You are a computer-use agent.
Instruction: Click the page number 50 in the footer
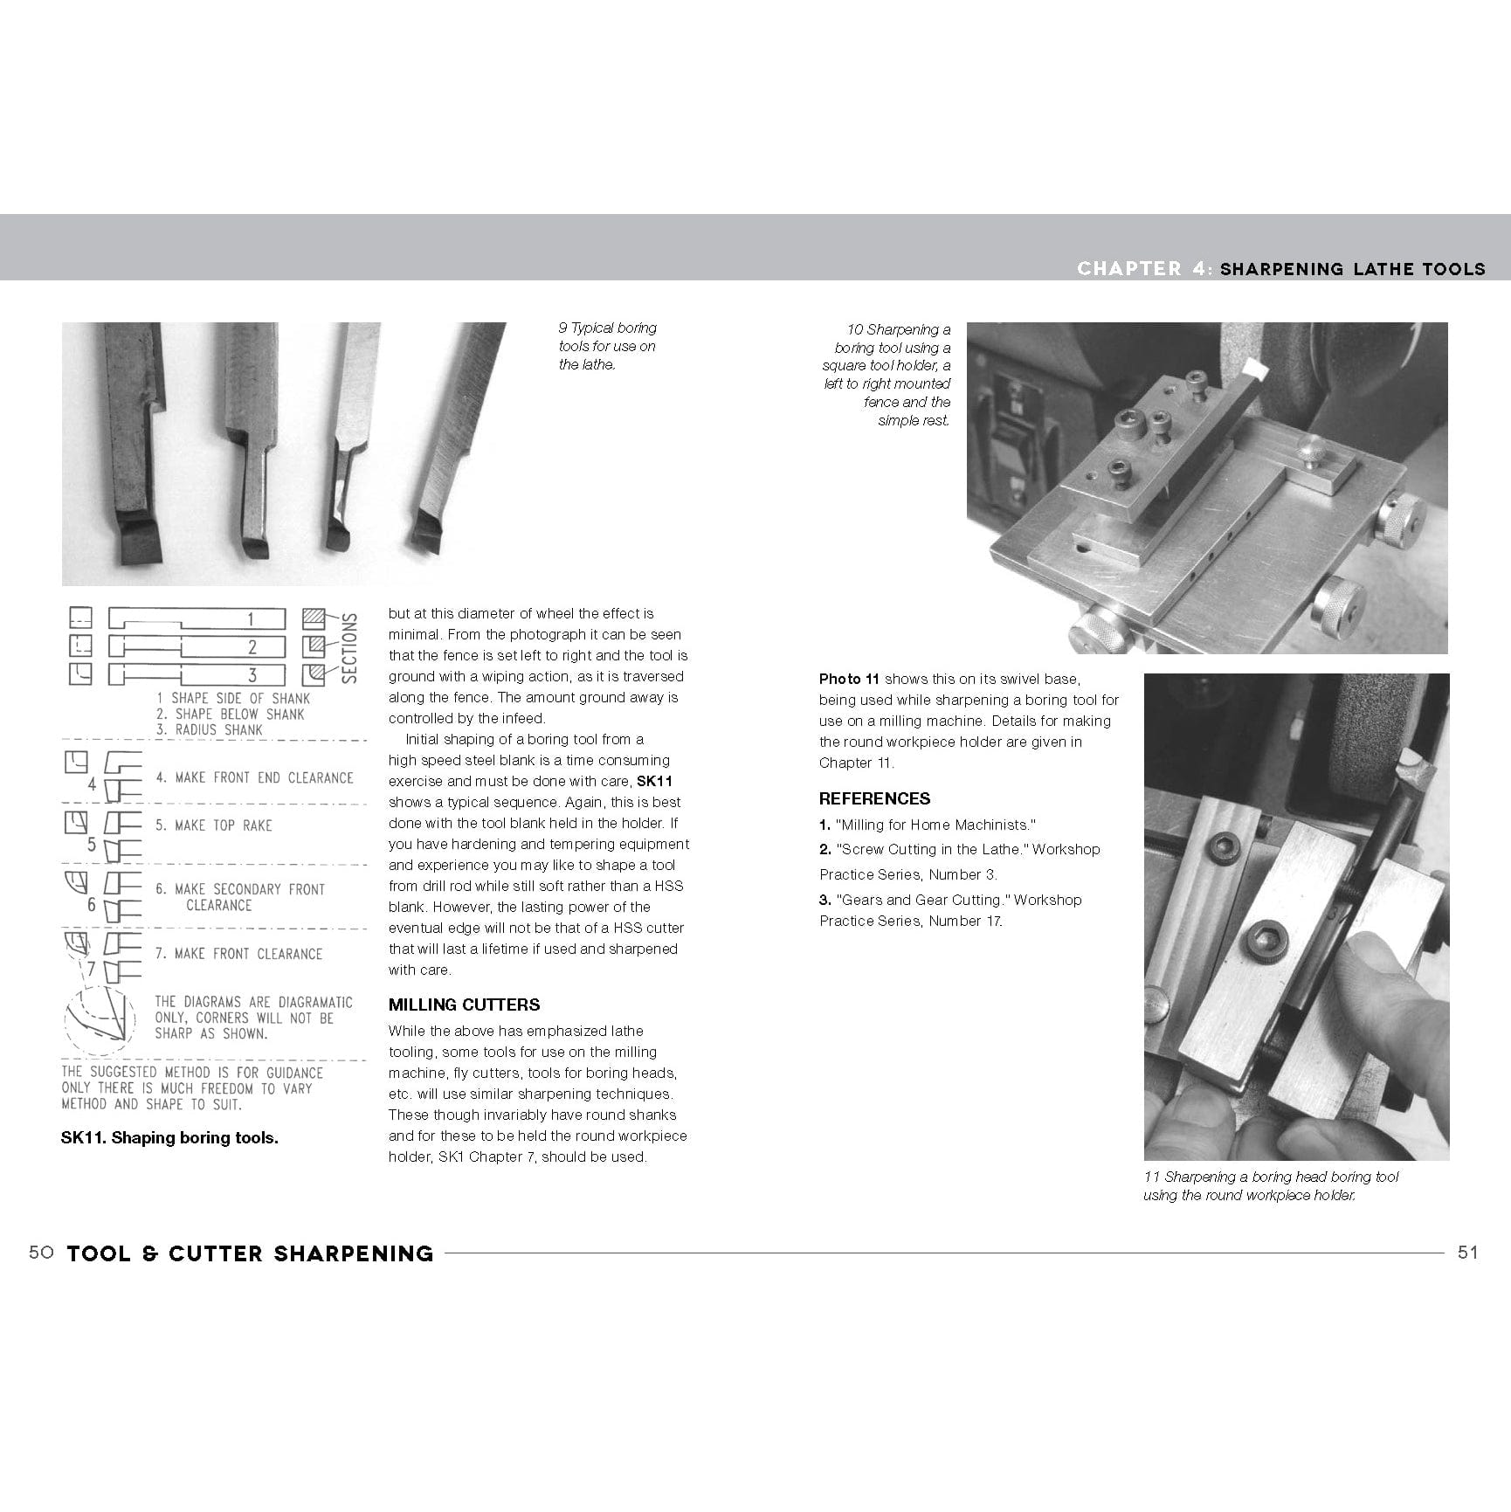41,1253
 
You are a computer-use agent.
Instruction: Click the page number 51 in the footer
1468,1253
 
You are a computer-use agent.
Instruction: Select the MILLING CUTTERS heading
464,1005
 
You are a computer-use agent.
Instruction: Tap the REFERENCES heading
874,798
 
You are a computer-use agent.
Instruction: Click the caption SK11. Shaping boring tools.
169,1137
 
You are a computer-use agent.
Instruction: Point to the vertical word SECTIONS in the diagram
349,647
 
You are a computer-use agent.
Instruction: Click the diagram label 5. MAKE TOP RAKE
214,825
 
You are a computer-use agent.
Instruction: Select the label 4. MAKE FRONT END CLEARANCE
254,777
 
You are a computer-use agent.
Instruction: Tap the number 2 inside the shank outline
252,647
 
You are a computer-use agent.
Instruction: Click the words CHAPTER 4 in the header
1142,269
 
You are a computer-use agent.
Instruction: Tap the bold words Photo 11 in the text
849,679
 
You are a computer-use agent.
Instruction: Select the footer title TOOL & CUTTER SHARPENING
250,1253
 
